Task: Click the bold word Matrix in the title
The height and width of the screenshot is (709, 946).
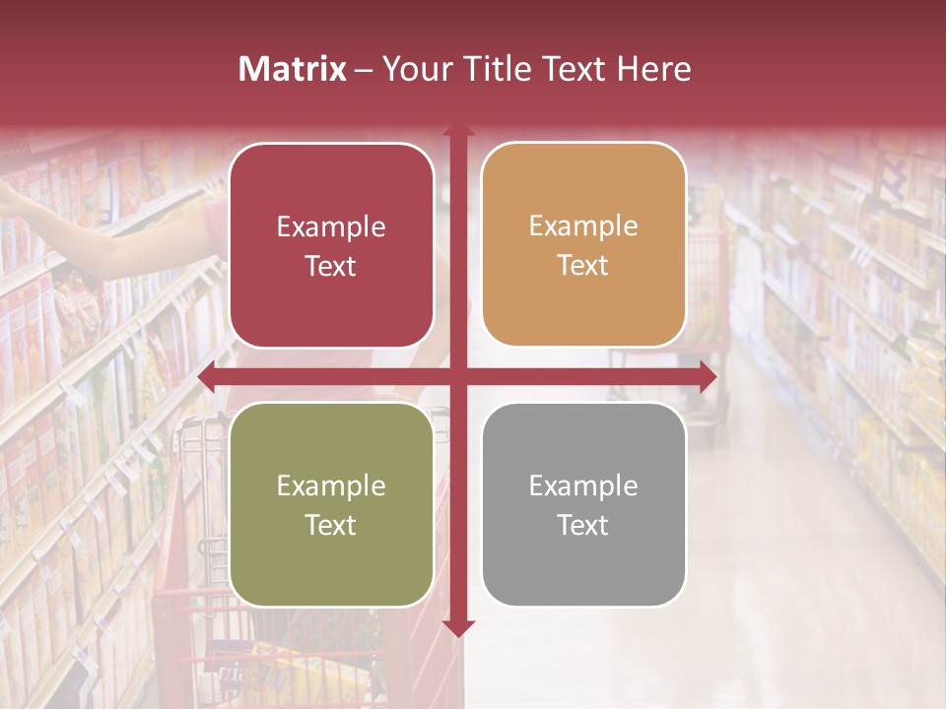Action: (293, 69)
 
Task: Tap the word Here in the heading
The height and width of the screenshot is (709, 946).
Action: (653, 69)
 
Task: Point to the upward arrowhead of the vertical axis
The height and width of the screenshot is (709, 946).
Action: (458, 132)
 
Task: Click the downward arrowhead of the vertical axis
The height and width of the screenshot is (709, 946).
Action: (458, 627)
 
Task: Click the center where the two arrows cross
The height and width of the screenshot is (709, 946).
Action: (458, 377)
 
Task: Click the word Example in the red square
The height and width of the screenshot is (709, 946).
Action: (331, 226)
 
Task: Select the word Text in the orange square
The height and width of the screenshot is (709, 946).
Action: (583, 265)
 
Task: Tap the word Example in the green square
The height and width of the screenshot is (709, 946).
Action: (331, 485)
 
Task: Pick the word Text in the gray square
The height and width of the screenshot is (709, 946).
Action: (583, 525)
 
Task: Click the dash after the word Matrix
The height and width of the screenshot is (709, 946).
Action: (364, 70)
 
